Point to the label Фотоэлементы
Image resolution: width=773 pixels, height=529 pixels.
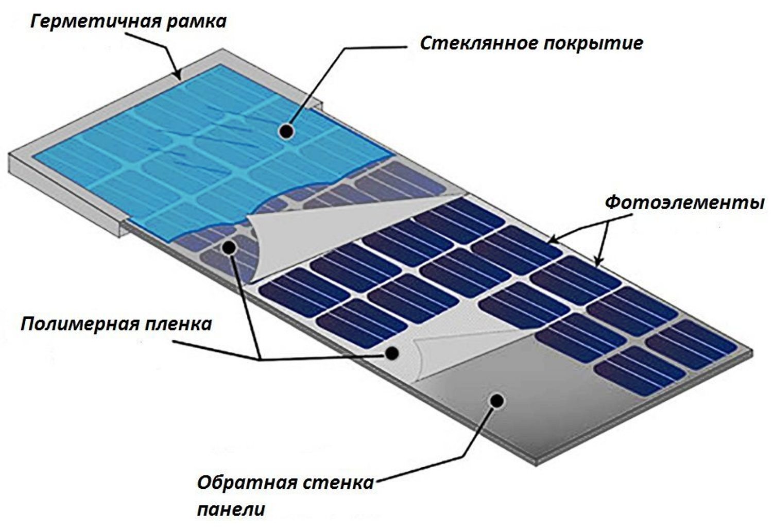[x=684, y=202]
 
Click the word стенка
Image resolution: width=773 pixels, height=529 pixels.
[x=337, y=483]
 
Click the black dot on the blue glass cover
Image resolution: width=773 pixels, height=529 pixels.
[x=287, y=131]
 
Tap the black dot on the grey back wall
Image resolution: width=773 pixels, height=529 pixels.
[x=497, y=400]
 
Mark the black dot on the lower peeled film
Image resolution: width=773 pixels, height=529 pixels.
[x=392, y=353]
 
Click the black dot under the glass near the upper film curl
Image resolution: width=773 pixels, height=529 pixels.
[x=229, y=247]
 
